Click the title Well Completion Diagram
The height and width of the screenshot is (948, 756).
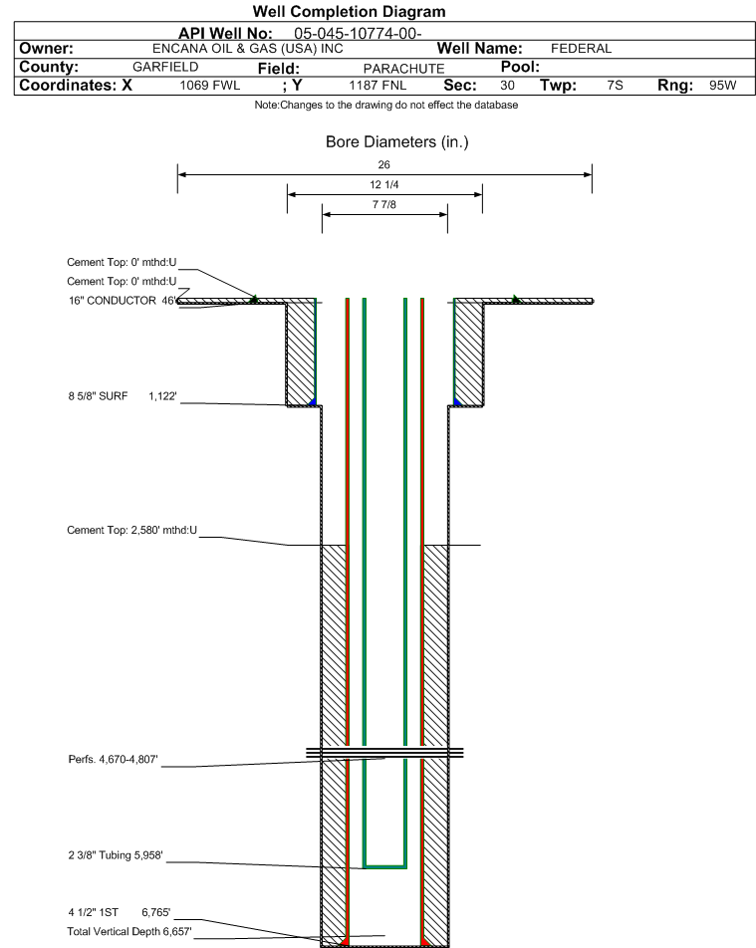[349, 12]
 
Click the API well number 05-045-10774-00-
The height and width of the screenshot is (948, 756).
[358, 33]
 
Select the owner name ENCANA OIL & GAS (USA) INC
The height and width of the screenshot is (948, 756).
[247, 49]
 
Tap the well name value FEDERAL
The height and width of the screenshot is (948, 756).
[582, 49]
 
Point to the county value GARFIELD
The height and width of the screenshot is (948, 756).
[165, 67]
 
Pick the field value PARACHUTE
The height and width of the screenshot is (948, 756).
[404, 69]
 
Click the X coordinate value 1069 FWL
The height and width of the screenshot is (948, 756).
[210, 86]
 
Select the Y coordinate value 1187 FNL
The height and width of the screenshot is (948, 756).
[378, 86]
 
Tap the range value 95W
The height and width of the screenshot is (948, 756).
[723, 86]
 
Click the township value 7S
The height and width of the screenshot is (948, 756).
[616, 86]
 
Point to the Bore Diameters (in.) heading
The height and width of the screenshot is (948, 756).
[397, 142]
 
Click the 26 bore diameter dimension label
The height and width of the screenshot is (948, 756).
[384, 164]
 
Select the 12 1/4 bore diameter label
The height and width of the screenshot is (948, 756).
[384, 184]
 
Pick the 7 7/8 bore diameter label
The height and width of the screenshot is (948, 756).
[384, 204]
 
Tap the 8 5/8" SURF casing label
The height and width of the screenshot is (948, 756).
[98, 396]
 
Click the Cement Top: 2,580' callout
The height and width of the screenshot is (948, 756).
[131, 530]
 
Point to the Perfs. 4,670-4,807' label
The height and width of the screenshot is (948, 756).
[114, 760]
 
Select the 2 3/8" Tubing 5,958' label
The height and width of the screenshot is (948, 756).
[116, 854]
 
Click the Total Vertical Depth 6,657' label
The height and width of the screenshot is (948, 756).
[129, 931]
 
